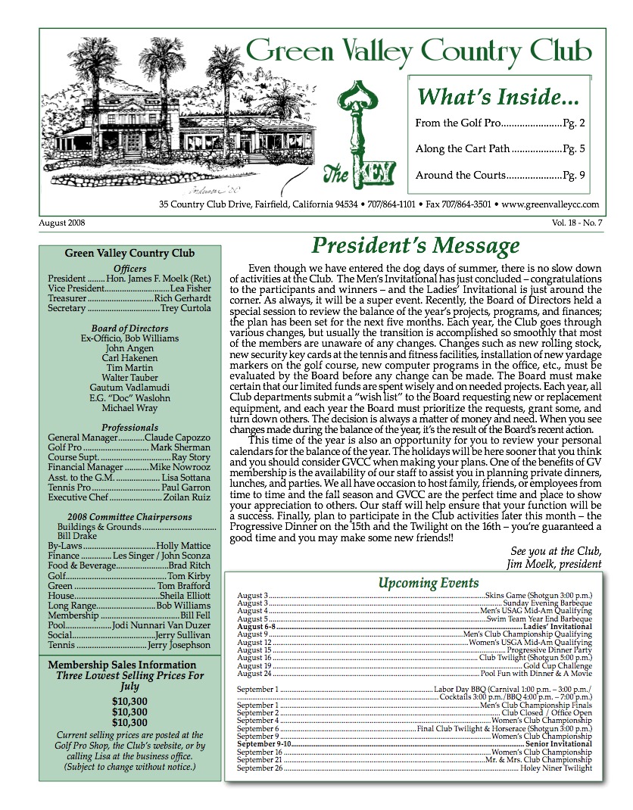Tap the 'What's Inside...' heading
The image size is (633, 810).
pyautogui.click(x=499, y=97)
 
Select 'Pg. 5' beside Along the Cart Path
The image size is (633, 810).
pyautogui.click(x=575, y=149)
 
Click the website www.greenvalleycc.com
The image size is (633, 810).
pyautogui.click(x=550, y=204)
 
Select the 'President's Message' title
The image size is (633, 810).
pyautogui.click(x=416, y=246)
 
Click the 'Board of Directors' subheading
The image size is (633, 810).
pyautogui.click(x=130, y=328)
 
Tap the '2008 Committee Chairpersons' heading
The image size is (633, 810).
pyautogui.click(x=130, y=518)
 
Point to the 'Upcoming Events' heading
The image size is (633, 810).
pyautogui.click(x=429, y=583)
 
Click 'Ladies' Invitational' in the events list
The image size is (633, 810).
pyautogui.click(x=560, y=627)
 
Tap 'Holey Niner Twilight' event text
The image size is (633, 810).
pyautogui.click(x=556, y=768)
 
